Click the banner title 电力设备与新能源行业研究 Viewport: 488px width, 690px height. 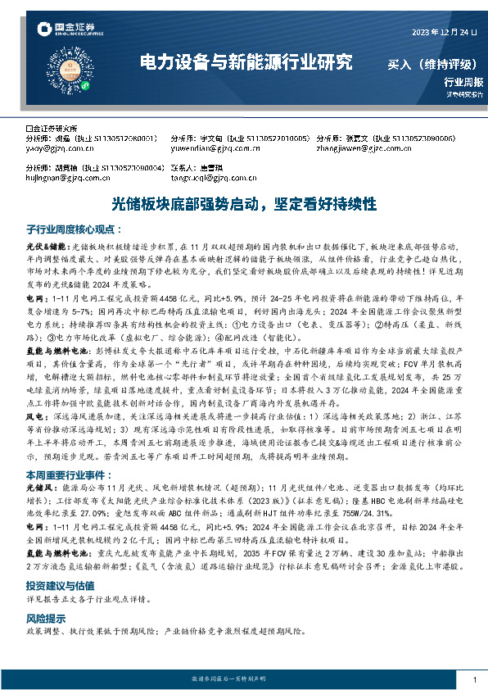(246, 62)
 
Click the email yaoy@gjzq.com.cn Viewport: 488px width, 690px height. (51, 148)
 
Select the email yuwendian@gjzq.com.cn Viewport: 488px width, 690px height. (199, 148)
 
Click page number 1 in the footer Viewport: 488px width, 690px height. (474, 679)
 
